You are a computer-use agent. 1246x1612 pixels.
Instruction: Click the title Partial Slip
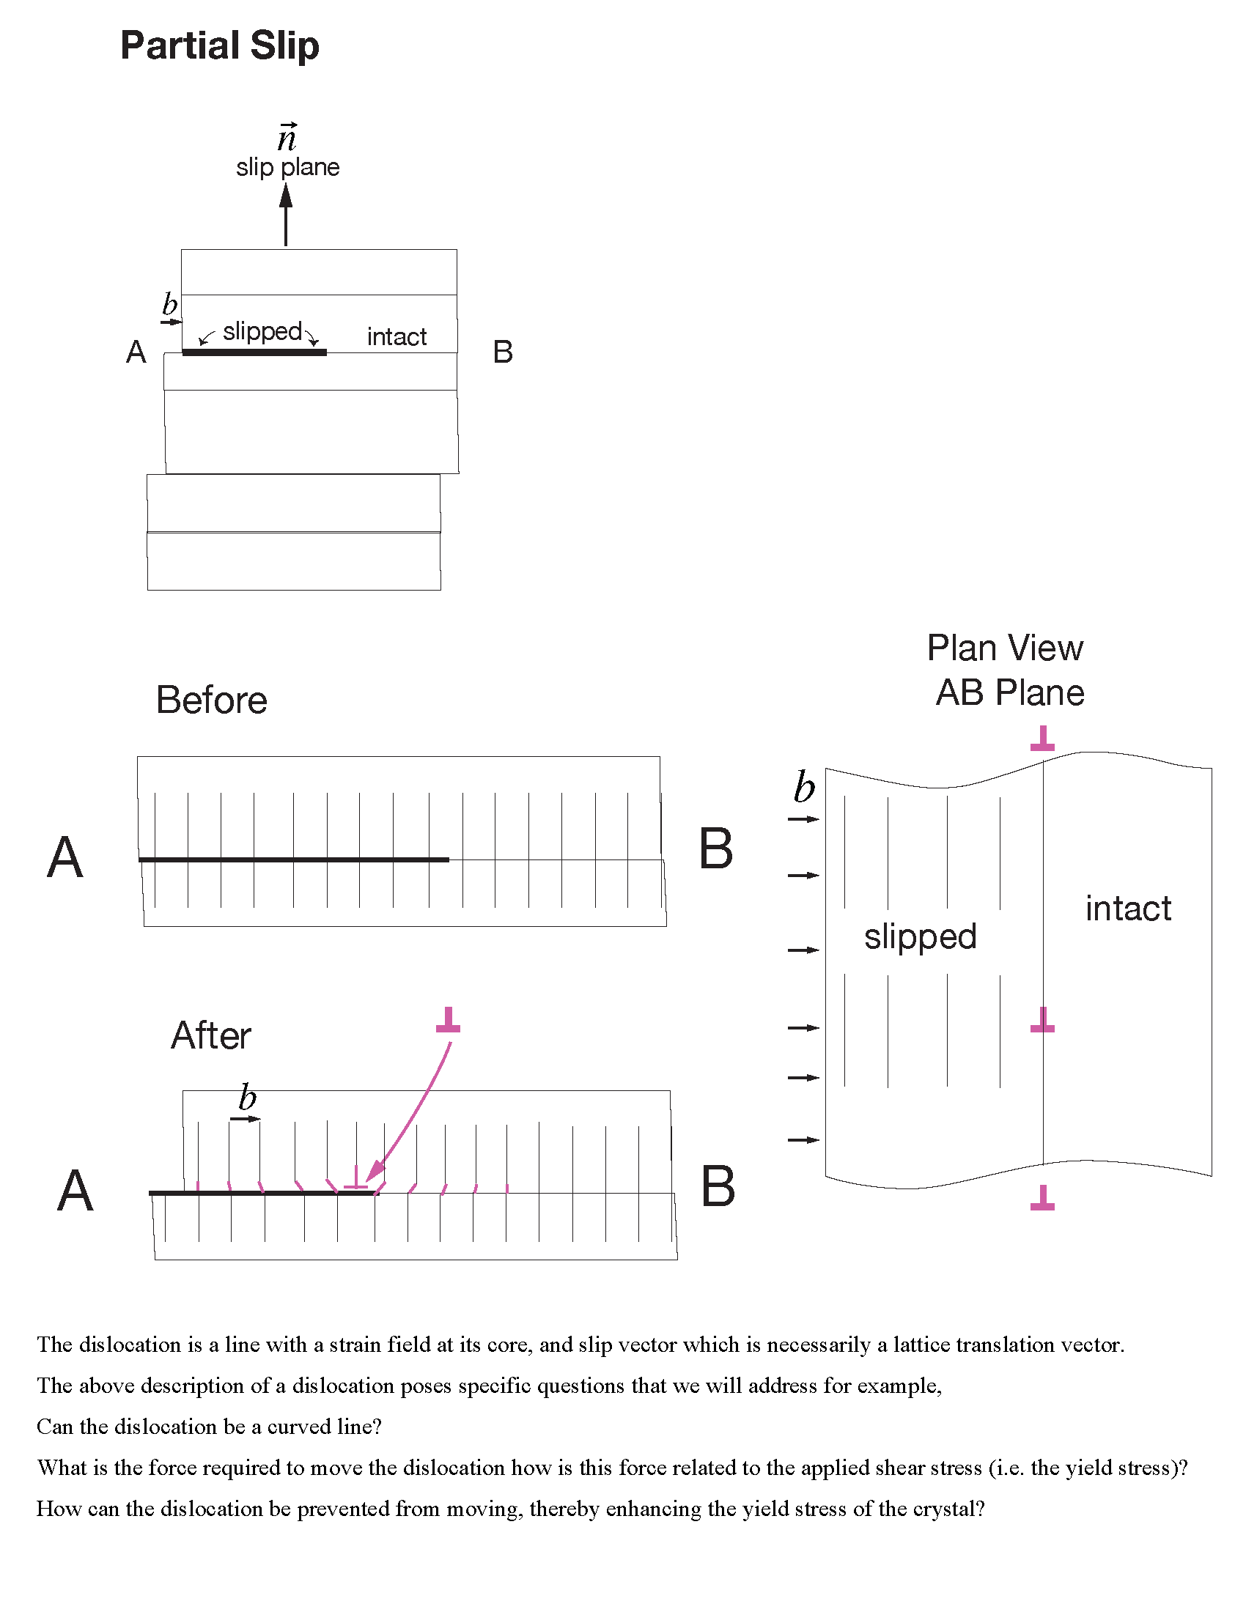click(x=219, y=45)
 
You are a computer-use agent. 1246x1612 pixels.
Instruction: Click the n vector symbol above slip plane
click(x=287, y=138)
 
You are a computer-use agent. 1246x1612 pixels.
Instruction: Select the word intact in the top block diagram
click(x=397, y=336)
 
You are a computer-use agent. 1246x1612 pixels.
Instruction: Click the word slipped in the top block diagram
click(x=262, y=331)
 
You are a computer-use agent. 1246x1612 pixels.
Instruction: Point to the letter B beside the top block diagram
click(x=503, y=352)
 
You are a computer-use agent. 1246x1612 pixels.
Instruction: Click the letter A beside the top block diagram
click(x=136, y=352)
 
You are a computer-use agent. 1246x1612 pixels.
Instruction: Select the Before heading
click(x=211, y=700)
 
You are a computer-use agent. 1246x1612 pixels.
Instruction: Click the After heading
click(x=211, y=1035)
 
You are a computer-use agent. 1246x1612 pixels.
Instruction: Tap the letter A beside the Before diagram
click(x=65, y=858)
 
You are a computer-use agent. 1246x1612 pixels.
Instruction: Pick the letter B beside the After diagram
click(x=718, y=1187)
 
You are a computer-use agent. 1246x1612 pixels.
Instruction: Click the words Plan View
click(x=1005, y=648)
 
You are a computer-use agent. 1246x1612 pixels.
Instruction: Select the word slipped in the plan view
click(x=921, y=936)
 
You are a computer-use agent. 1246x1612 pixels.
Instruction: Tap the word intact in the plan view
click(x=1128, y=908)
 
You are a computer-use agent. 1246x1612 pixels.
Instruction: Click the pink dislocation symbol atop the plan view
click(x=1042, y=738)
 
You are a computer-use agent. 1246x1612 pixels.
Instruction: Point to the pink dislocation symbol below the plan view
click(x=1042, y=1197)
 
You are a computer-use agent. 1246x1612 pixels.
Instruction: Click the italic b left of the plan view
click(x=804, y=788)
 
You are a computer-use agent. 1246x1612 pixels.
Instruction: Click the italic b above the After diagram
click(x=247, y=1098)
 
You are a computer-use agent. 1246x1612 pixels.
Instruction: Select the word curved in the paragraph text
click(x=297, y=1427)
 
